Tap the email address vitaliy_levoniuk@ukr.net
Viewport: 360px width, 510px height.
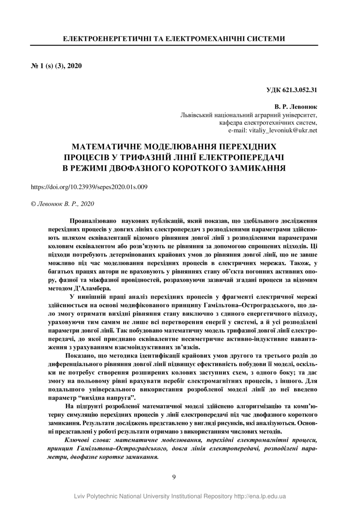point(273,130)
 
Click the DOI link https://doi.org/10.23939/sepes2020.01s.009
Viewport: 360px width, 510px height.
point(89,186)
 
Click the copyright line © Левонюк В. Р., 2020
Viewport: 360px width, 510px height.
point(63,203)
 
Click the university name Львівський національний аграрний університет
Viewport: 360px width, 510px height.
point(249,115)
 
